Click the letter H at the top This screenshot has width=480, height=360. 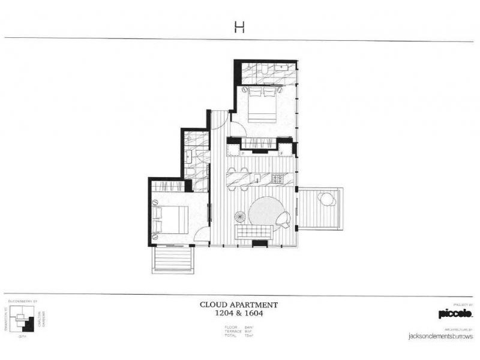[239, 28]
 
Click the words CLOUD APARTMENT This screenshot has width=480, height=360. [239, 304]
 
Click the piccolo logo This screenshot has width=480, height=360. [455, 313]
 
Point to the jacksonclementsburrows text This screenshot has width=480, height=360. [442, 337]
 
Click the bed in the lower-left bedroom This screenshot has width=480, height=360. [171, 219]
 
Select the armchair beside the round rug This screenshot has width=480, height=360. [284, 220]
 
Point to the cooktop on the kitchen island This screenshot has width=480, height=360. [279, 178]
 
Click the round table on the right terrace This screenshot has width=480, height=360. [326, 199]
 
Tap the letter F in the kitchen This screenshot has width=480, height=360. [282, 154]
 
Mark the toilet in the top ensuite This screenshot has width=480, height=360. [265, 74]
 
